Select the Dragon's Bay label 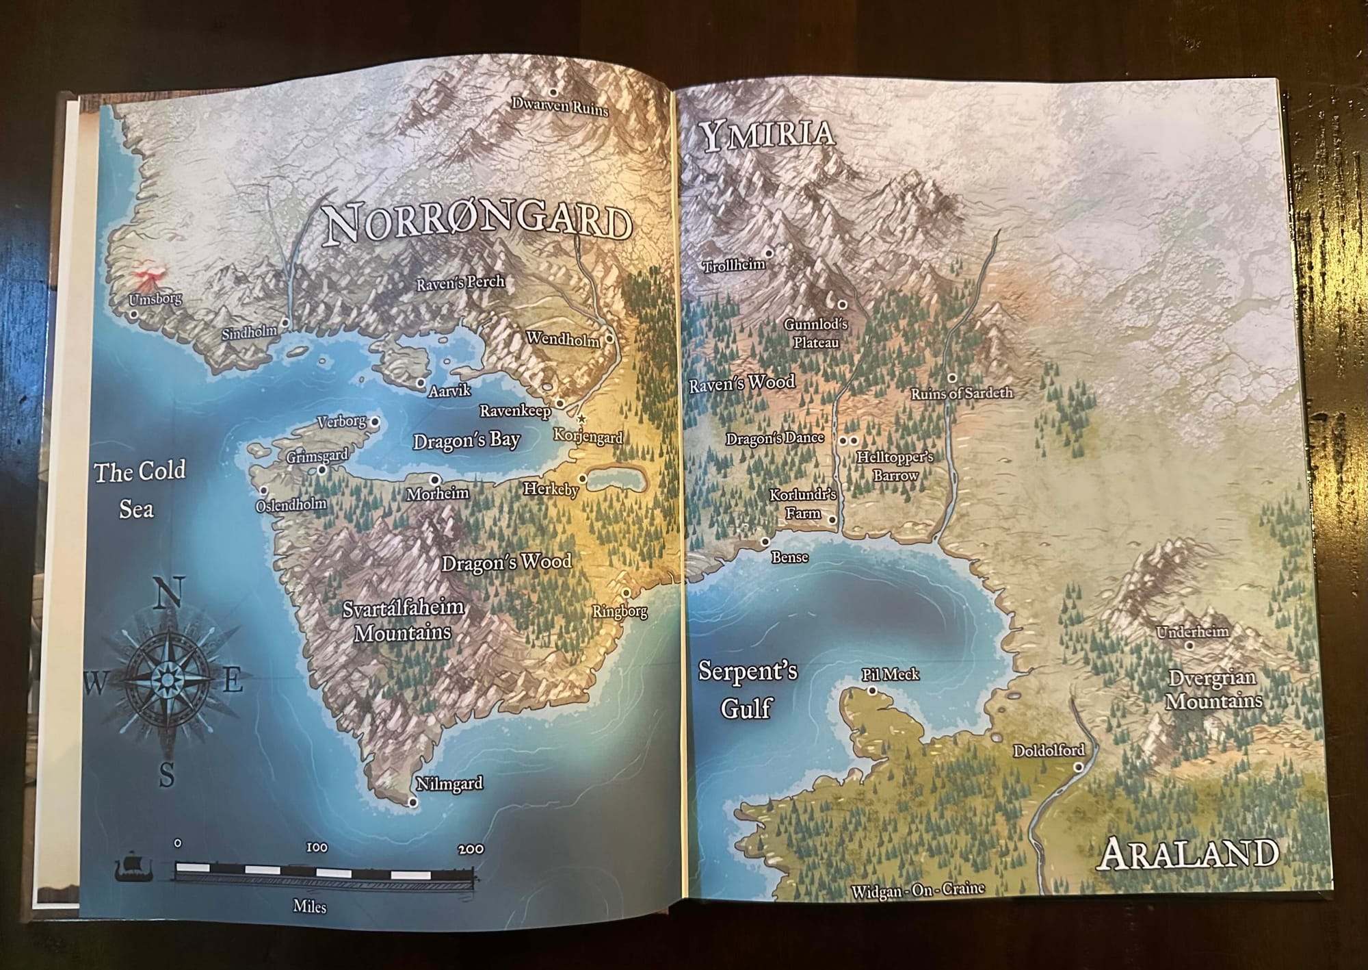click(x=466, y=440)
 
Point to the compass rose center click(x=165, y=677)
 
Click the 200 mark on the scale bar click(x=472, y=850)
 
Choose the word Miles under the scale click(x=309, y=906)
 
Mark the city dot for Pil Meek click(x=872, y=691)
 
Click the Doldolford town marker click(x=1079, y=767)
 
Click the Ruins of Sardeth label click(x=961, y=394)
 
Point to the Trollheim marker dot click(x=769, y=253)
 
